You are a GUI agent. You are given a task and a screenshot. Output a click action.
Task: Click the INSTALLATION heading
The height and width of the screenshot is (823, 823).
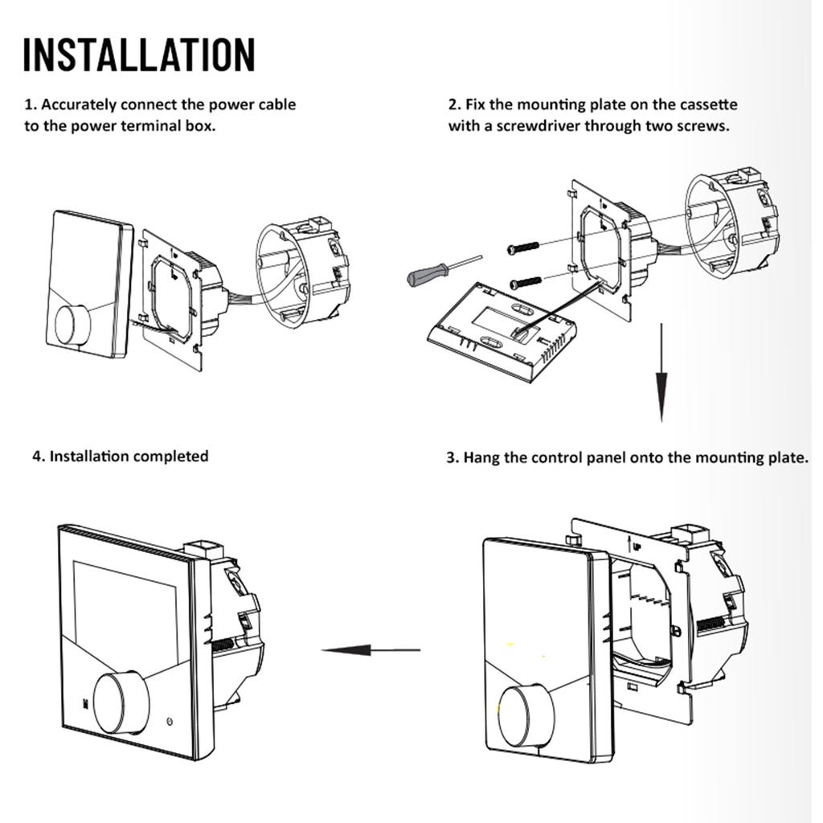coord(138,54)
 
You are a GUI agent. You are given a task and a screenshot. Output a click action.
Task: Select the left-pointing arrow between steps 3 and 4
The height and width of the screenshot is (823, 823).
coord(370,650)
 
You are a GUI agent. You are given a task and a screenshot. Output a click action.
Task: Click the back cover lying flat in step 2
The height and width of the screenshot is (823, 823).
coord(502,330)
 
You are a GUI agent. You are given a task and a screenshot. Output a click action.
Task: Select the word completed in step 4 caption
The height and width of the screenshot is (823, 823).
coord(170,457)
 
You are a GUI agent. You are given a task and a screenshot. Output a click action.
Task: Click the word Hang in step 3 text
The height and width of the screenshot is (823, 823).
coord(481,458)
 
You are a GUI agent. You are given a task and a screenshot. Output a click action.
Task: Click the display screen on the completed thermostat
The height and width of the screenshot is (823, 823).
coord(125,611)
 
